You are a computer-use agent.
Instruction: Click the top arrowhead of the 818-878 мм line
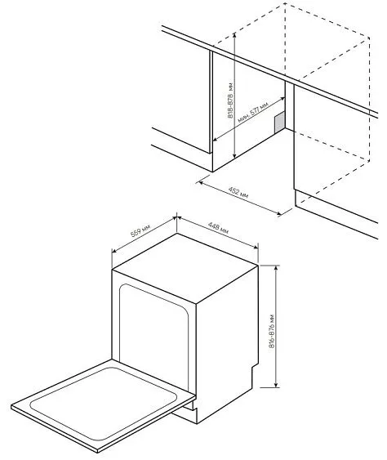(235, 33)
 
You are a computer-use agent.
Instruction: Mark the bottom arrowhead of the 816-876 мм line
(278, 386)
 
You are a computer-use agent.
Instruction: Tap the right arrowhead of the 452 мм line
(282, 215)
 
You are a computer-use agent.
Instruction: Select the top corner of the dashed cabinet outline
(284, 4)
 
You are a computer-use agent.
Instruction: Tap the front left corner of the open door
(13, 409)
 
